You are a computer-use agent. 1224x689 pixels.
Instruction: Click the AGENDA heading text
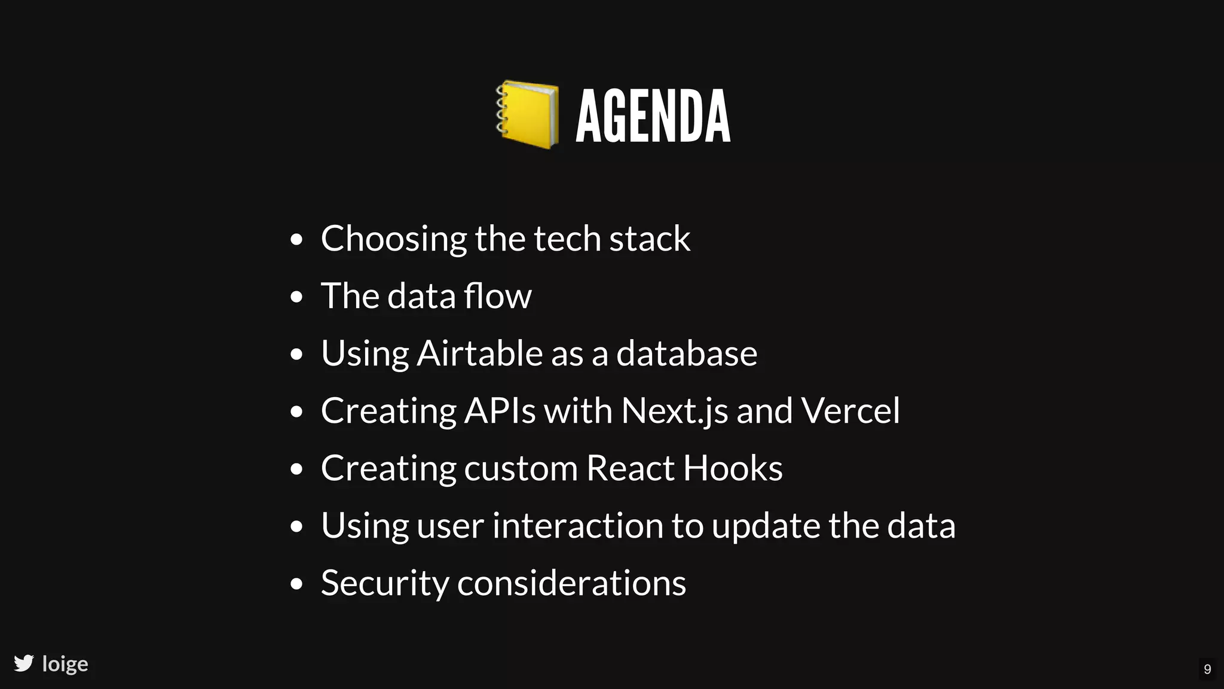(x=653, y=116)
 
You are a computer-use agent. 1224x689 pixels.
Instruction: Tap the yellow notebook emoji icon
(x=527, y=114)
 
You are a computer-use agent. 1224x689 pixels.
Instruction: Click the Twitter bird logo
(x=24, y=663)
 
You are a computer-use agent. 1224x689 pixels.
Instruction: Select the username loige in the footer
(x=65, y=664)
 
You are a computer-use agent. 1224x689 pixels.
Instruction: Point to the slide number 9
(x=1207, y=669)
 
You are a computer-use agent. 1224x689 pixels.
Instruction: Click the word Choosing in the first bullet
(x=393, y=239)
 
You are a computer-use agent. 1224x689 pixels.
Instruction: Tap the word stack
(x=650, y=239)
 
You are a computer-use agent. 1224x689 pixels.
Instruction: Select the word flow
(x=497, y=296)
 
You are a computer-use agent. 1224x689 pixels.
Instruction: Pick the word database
(x=687, y=353)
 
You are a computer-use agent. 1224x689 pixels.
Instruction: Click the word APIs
(x=500, y=411)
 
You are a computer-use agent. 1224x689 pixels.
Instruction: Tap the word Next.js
(x=674, y=411)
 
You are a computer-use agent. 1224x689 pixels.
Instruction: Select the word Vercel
(x=850, y=411)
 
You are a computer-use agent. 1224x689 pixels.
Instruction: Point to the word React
(x=630, y=468)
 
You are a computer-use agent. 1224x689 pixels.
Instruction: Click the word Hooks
(x=733, y=468)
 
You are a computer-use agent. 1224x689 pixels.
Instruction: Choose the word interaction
(x=577, y=526)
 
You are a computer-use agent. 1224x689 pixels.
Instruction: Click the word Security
(x=385, y=583)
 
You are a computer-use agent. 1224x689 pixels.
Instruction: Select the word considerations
(x=571, y=583)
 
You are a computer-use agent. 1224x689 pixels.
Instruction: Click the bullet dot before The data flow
(x=296, y=297)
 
